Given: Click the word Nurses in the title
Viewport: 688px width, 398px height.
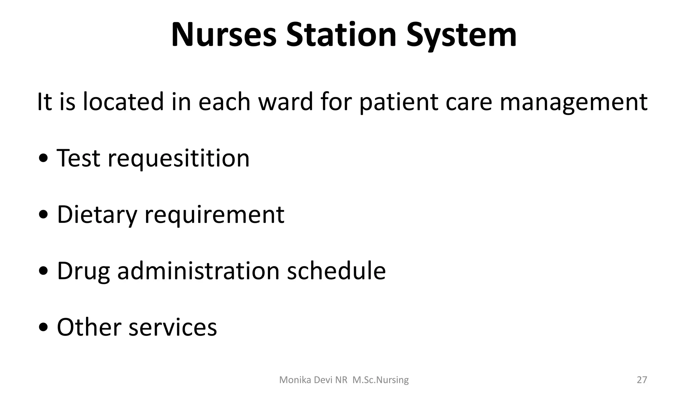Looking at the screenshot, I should [224, 35].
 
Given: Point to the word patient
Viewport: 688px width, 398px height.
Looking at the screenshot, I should [398, 102].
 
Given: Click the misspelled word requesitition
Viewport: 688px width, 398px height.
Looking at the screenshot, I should [178, 159].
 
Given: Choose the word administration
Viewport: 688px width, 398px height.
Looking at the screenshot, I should [198, 271].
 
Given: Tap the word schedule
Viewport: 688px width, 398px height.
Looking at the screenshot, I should [336, 271].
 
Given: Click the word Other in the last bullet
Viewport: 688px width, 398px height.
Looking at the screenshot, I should [89, 327].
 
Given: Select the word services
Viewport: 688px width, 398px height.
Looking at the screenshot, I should [173, 328].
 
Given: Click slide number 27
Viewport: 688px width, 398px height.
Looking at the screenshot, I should [642, 380].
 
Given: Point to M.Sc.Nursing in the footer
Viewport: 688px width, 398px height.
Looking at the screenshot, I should [381, 380].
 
